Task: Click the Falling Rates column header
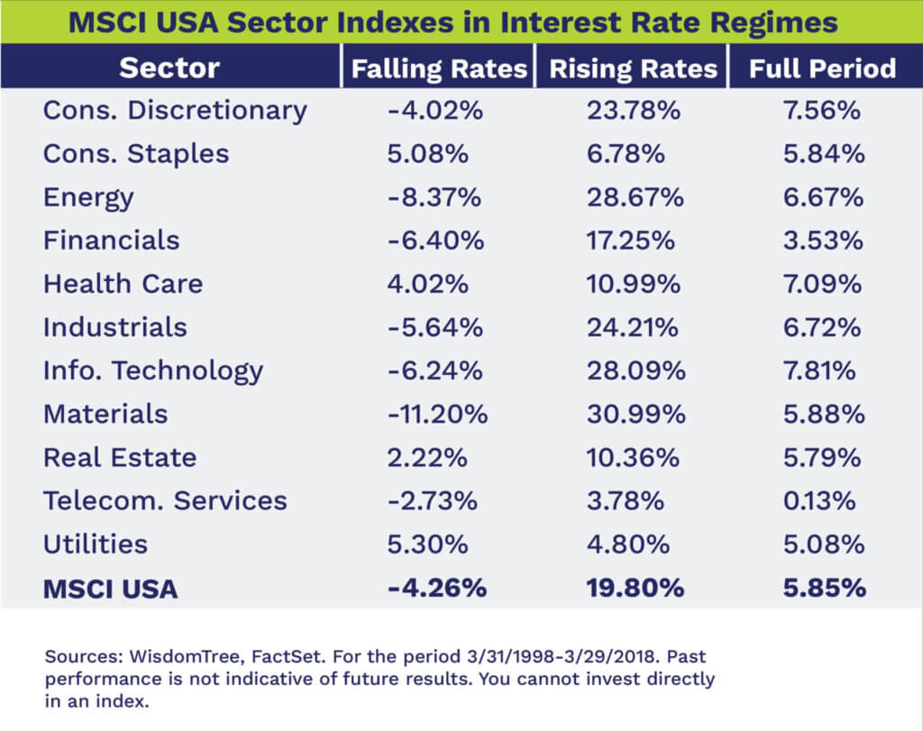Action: [439, 69]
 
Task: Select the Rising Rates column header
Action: [632, 69]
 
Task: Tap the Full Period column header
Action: [822, 69]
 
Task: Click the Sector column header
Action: [169, 69]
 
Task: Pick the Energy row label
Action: [88, 197]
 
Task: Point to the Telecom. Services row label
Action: [165, 500]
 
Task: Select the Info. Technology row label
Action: [153, 370]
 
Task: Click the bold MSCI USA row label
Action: [110, 589]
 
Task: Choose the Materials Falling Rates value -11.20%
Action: [437, 414]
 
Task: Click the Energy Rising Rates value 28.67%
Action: [634, 197]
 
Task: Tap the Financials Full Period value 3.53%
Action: [823, 241]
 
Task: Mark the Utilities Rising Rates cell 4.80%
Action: [627, 544]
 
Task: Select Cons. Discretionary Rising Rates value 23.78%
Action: [634, 111]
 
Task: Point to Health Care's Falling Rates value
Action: [428, 284]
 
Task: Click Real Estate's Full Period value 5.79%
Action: [823, 457]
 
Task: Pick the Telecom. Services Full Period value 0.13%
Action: [822, 500]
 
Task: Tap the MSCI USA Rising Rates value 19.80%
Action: [635, 589]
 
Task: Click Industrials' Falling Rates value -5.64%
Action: [435, 327]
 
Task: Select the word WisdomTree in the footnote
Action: [160, 656]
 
